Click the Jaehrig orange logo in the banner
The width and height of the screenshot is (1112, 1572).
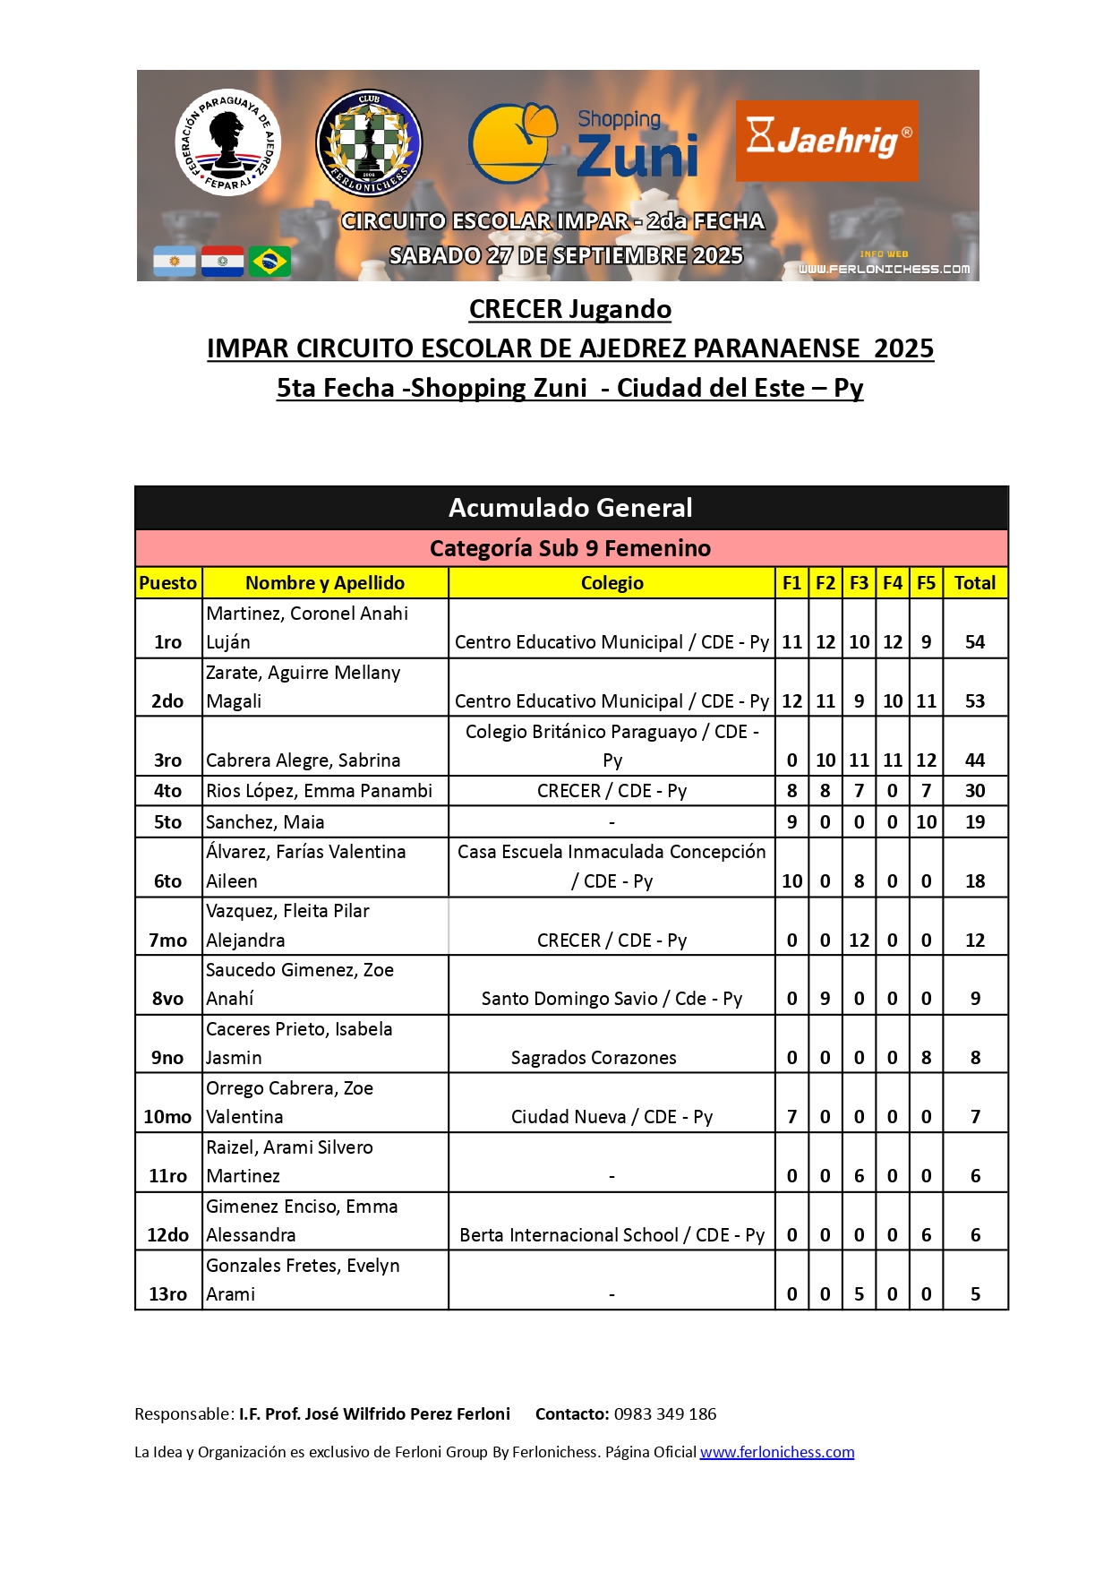(826, 141)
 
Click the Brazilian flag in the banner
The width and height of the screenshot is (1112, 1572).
(269, 262)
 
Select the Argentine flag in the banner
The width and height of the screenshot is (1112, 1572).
(175, 262)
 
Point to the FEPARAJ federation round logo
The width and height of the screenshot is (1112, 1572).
(227, 142)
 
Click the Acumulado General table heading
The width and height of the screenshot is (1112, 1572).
(570, 508)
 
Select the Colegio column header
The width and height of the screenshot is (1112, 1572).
(612, 583)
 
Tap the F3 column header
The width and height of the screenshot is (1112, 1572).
(859, 583)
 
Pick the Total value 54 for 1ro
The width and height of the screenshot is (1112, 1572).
(975, 642)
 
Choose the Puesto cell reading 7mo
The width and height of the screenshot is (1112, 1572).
(168, 941)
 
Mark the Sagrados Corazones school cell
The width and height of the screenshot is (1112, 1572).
(594, 1058)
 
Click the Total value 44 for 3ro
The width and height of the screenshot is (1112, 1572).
(975, 760)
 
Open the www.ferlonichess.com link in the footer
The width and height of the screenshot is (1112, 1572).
(776, 1452)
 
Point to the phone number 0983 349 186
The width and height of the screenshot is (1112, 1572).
(665, 1414)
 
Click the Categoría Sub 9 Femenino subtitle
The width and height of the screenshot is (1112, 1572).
(570, 548)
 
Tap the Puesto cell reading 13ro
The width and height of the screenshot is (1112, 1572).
(168, 1294)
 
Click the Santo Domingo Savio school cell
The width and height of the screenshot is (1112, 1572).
(612, 999)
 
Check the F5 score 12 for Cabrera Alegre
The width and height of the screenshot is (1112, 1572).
(926, 760)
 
